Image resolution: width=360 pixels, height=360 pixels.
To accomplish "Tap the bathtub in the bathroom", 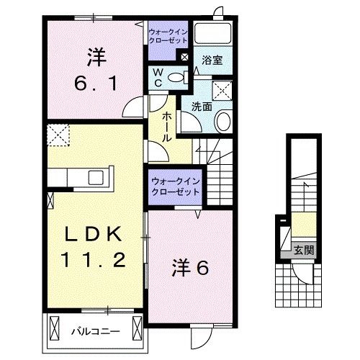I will click(x=213, y=35).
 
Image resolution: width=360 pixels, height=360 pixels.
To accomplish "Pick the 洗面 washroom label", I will click(x=201, y=107).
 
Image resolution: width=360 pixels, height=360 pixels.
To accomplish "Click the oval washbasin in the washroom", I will click(x=222, y=121).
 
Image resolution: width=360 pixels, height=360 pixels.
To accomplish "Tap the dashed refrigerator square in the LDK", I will click(x=58, y=134).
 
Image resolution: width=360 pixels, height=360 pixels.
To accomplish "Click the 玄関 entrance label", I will click(x=303, y=251).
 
